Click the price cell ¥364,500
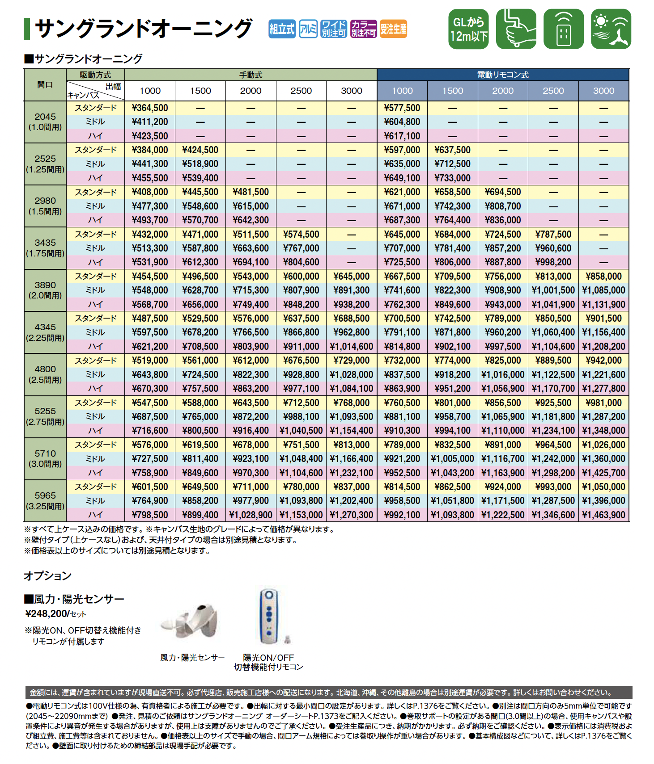(x=150, y=108)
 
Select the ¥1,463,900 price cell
(x=603, y=515)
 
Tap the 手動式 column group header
(x=251, y=75)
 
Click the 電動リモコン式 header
(x=503, y=75)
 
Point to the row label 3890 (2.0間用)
(x=45, y=290)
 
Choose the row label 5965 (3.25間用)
(x=45, y=500)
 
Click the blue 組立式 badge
(x=282, y=29)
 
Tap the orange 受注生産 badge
(x=393, y=29)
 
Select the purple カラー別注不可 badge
(x=363, y=29)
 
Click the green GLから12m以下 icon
(x=468, y=29)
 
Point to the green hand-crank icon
(x=516, y=29)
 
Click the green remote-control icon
(x=564, y=29)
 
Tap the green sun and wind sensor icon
(x=611, y=29)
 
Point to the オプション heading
(x=47, y=575)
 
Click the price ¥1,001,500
(x=553, y=290)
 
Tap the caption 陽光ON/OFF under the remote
(x=268, y=658)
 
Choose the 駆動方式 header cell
(x=95, y=75)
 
